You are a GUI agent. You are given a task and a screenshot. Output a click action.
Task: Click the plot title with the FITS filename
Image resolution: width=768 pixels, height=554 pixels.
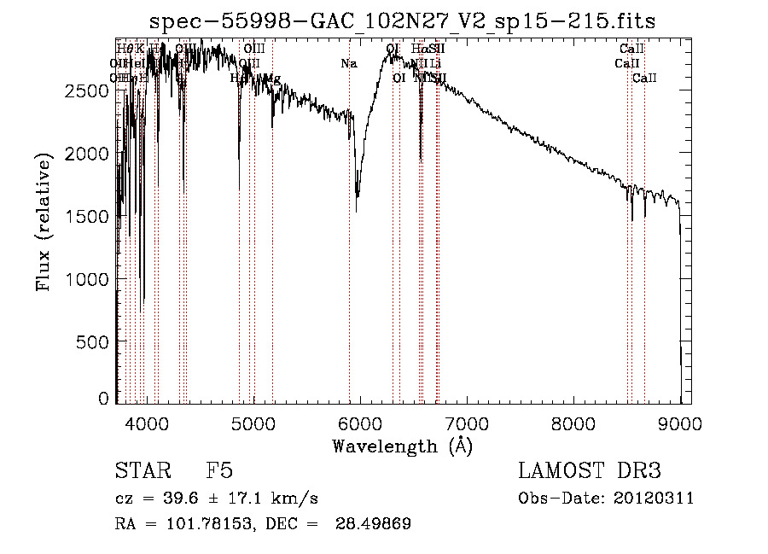click(x=402, y=21)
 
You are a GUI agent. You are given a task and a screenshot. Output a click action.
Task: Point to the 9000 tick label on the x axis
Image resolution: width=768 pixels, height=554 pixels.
click(x=680, y=422)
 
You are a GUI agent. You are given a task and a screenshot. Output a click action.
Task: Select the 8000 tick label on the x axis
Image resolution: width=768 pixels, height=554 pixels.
click(x=573, y=422)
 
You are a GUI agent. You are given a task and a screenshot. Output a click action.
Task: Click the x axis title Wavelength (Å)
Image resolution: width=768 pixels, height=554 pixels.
click(x=402, y=446)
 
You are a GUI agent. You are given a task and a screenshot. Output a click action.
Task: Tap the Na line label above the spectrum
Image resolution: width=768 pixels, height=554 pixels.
click(x=348, y=64)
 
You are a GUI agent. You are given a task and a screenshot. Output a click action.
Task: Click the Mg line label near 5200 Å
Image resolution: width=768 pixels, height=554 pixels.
click(x=272, y=79)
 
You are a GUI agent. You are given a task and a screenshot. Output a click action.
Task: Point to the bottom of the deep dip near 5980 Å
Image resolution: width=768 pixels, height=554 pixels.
click(x=357, y=208)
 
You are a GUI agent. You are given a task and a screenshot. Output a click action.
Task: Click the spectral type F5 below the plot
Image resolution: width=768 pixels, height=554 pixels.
click(x=219, y=471)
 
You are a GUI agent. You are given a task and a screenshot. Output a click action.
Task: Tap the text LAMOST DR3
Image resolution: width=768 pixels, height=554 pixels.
click(x=590, y=471)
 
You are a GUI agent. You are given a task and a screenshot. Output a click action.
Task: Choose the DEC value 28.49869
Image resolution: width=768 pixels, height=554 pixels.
click(x=375, y=524)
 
